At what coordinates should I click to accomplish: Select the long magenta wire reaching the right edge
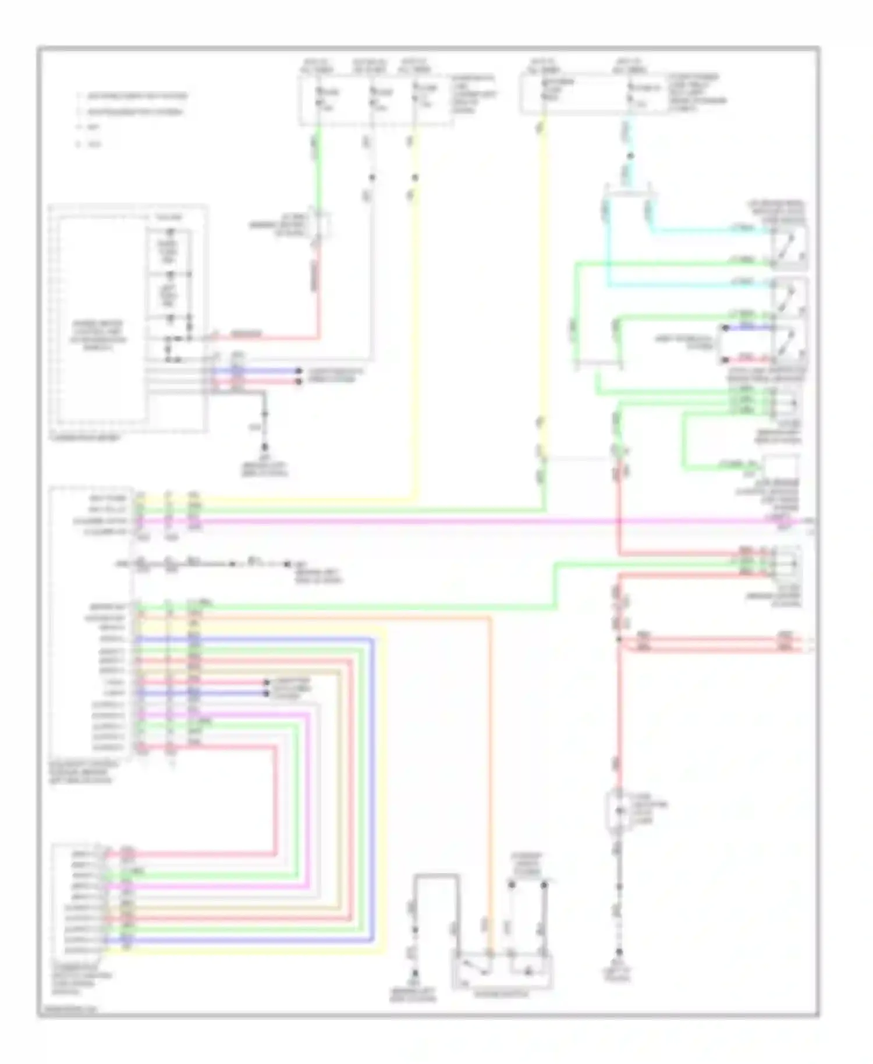point(466,522)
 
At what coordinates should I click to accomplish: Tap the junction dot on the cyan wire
point(630,156)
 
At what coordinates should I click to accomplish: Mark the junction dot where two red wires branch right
point(619,640)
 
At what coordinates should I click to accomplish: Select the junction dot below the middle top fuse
point(372,177)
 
